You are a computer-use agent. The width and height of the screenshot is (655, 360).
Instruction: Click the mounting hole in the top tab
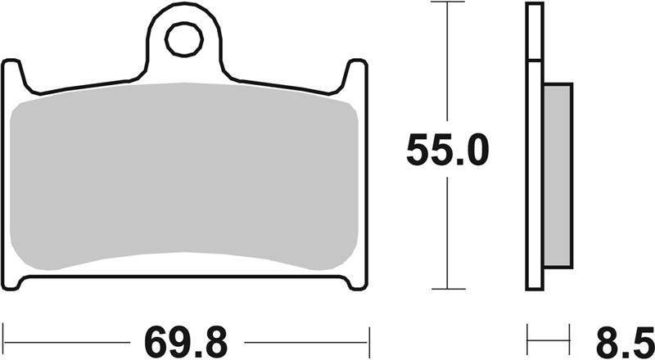point(184,39)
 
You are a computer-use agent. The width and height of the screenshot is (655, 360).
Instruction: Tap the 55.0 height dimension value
point(447,150)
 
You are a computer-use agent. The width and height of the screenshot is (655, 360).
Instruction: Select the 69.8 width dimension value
point(186,343)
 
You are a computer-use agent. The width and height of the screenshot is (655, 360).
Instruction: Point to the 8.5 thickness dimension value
point(626,343)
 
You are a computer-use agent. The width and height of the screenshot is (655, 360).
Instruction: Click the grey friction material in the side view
point(558,175)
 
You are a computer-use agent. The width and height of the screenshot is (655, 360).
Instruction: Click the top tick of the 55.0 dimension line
point(447,2)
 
